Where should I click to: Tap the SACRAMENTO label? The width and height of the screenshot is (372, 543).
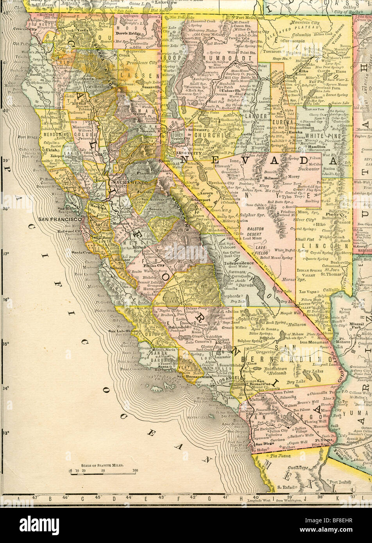(127, 182)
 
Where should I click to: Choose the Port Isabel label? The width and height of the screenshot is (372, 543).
(338, 482)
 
